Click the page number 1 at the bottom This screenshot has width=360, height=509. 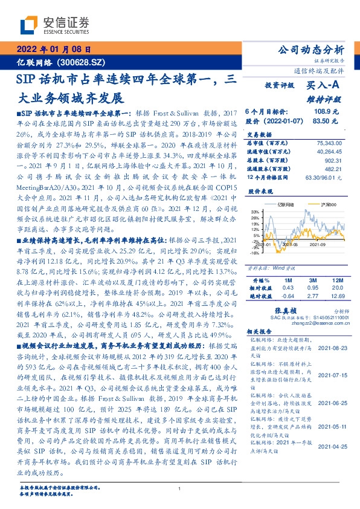click(180, 488)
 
